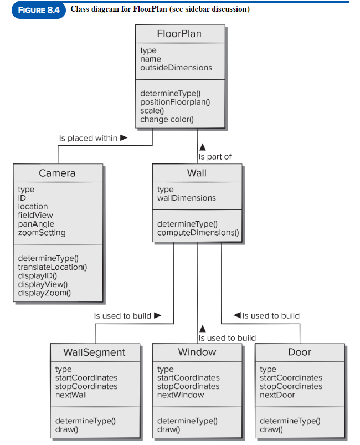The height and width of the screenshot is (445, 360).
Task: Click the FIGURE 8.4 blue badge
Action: [38, 11]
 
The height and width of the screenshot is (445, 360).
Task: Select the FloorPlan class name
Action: [179, 34]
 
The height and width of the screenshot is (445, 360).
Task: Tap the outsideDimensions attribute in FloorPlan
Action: [176, 68]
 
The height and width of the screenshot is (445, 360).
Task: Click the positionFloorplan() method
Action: [175, 102]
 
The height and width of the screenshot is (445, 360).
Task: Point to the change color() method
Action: [167, 119]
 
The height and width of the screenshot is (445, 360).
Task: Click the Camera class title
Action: [57, 173]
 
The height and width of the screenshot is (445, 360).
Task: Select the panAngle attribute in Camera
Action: [36, 224]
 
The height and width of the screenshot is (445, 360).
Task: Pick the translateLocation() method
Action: [53, 267]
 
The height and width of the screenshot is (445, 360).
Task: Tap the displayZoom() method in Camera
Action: [44, 293]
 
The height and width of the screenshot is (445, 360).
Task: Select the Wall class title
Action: [197, 173]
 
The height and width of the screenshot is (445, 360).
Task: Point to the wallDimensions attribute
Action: [187, 198]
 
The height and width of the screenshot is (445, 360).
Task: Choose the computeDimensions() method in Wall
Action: [198, 233]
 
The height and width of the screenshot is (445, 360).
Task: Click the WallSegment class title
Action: [94, 352]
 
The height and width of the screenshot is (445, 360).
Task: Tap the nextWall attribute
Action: [71, 395]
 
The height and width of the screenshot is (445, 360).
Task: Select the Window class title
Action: [197, 352]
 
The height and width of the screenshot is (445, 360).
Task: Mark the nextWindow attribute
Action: [181, 395]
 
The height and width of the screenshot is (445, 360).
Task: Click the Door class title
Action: [300, 352]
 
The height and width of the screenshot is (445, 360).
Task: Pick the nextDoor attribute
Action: [277, 395]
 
